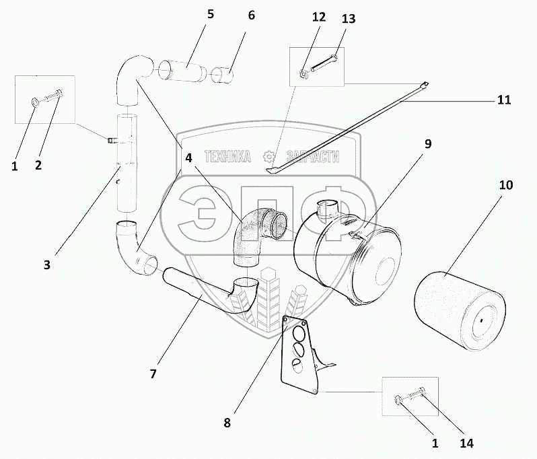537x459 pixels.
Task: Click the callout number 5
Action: [211, 14]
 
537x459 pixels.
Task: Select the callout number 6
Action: [251, 15]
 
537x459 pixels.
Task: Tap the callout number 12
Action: [318, 19]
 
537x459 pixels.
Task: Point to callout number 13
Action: [348, 20]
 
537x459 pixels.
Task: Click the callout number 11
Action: [504, 100]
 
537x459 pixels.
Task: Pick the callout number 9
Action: [427, 143]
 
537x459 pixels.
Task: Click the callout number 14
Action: [467, 444]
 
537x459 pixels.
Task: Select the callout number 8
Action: [227, 423]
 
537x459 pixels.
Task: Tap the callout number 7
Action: [153, 374]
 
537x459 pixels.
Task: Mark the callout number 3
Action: [46, 265]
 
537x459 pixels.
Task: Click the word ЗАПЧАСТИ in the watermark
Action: [312, 157]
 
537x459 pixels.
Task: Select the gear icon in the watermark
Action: [270, 157]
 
